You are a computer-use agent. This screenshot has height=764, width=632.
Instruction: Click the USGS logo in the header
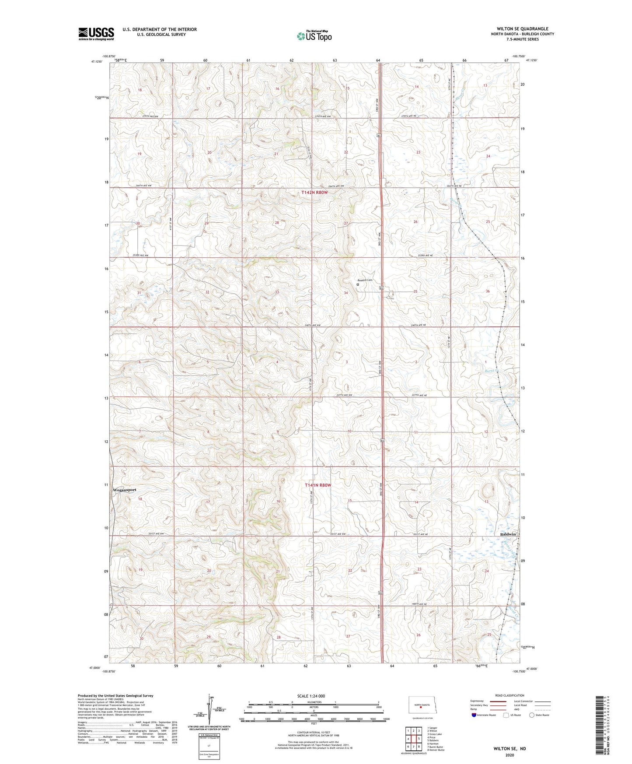(x=96, y=34)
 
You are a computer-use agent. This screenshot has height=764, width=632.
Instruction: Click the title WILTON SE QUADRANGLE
(x=522, y=29)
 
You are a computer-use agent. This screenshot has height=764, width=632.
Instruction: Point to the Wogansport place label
(x=125, y=490)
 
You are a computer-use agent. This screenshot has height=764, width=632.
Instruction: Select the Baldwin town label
(x=508, y=534)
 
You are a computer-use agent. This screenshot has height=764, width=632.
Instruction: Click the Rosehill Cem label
(x=365, y=280)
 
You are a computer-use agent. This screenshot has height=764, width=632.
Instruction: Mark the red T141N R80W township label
(x=318, y=485)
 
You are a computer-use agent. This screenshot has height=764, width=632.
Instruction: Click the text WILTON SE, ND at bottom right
(x=510, y=748)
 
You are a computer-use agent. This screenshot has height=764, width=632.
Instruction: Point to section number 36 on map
(x=488, y=291)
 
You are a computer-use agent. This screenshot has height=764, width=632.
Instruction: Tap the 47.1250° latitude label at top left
(x=97, y=62)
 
